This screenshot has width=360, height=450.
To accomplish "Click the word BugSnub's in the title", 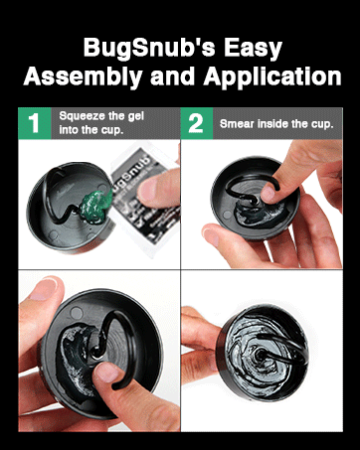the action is pos(149,47).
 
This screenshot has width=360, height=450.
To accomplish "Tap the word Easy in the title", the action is pos(253,49).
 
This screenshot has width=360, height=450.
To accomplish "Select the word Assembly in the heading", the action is pos(83,76).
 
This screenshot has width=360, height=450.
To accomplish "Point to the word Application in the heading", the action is pos(272,76).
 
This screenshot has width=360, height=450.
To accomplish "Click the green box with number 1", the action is pos(35,123).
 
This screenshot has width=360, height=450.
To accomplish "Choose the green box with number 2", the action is pos(197,123).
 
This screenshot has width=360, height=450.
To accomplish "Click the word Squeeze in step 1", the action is pos(79,116).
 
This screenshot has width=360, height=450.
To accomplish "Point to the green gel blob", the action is pos(95,207).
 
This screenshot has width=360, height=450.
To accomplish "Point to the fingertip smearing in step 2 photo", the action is pos(268,193).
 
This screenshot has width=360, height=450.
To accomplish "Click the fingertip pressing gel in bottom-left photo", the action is pos(106,372).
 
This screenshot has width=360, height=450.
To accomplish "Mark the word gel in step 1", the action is pos(135,116).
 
